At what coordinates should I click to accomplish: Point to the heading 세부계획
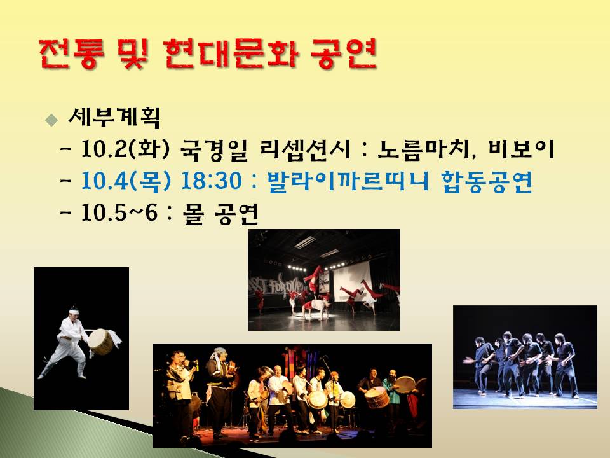point(114,117)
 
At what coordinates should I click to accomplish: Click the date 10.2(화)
point(125,149)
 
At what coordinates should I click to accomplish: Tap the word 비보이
point(521,149)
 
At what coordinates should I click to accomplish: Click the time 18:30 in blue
point(211,181)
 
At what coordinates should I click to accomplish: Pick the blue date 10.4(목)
point(126,181)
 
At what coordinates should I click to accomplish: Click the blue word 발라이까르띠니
point(348,181)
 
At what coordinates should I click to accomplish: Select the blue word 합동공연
point(487,181)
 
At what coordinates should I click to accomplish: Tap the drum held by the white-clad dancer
point(100,342)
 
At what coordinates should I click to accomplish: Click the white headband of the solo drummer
point(74,311)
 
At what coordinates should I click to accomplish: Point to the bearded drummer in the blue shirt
point(391,393)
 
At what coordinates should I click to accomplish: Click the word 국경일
point(214,149)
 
